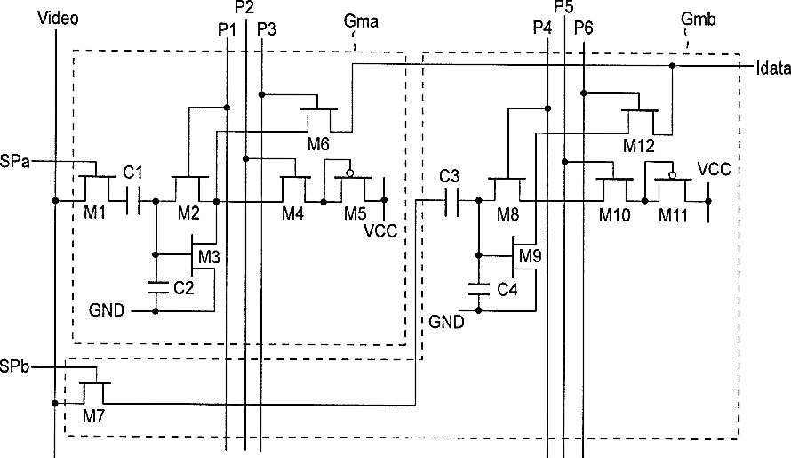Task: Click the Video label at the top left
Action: click(58, 18)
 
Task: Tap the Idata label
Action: click(773, 68)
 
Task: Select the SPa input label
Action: click(14, 162)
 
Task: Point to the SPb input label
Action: click(14, 366)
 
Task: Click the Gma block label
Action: click(361, 21)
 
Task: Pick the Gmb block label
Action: click(698, 20)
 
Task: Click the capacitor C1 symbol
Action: click(133, 201)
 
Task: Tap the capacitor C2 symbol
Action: click(156, 288)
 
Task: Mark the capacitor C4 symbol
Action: click(479, 289)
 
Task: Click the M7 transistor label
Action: click(94, 416)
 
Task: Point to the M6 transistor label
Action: click(318, 144)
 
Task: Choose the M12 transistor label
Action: click(639, 146)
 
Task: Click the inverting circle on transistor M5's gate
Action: click(349, 173)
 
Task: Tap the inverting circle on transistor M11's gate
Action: click(672, 175)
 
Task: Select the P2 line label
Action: click(244, 7)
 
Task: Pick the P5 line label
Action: click(563, 6)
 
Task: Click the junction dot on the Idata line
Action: click(672, 66)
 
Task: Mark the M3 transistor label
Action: click(209, 257)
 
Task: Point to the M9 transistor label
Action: click(531, 256)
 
